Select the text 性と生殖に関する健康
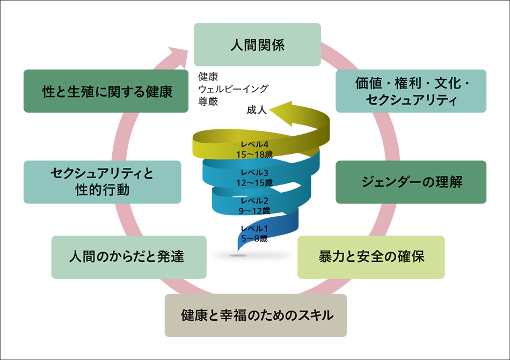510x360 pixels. [107, 92]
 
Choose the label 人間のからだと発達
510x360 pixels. [127, 257]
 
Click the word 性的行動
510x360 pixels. [102, 189]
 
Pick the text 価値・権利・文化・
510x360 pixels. [413, 84]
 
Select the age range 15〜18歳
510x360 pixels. [254, 154]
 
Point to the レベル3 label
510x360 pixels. [254, 173]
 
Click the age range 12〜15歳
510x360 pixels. [254, 182]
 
